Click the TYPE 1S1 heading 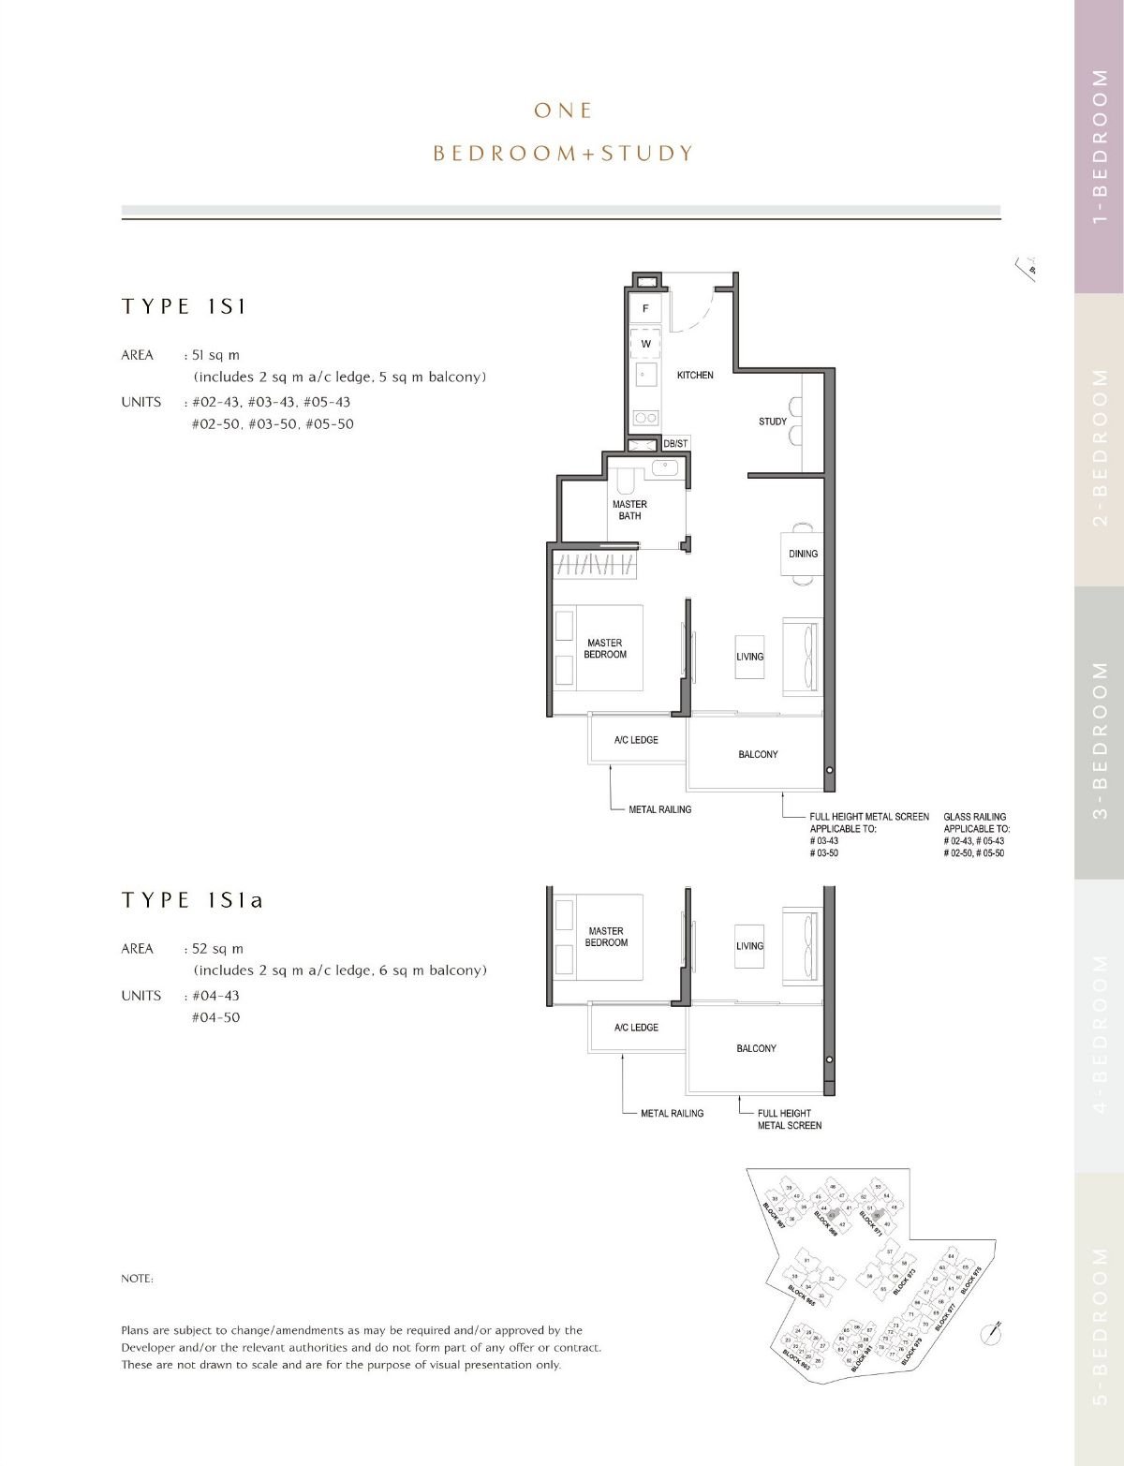point(184,306)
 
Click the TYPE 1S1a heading point(192,900)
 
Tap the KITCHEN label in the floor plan point(695,375)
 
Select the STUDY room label point(773,422)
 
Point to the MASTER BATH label point(629,510)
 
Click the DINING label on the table point(803,554)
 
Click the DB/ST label point(675,443)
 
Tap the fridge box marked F point(645,308)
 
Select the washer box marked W point(645,344)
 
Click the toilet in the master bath point(626,481)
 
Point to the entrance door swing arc point(698,309)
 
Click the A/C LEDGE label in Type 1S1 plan point(636,740)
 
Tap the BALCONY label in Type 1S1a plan point(756,1048)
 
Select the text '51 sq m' point(215,355)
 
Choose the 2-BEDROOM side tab point(1100,440)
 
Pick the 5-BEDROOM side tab point(1100,1321)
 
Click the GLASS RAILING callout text point(975,817)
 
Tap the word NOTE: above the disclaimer point(137,1279)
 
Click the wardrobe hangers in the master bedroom point(597,564)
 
